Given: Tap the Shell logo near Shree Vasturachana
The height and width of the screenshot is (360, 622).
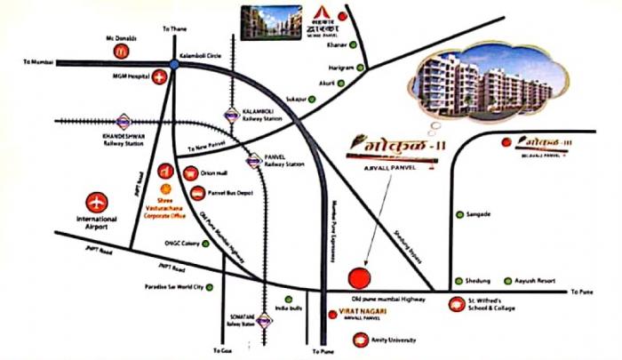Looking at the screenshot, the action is click(x=163, y=188).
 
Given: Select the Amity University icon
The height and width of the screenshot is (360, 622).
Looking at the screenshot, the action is click(x=359, y=338).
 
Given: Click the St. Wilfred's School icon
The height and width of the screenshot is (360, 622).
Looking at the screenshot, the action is click(x=456, y=303).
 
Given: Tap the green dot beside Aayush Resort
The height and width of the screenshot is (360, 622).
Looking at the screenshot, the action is click(x=509, y=278).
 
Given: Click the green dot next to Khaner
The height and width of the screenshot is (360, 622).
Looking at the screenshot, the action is click(x=353, y=44).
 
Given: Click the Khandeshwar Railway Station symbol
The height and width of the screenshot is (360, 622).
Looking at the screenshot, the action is click(x=124, y=122).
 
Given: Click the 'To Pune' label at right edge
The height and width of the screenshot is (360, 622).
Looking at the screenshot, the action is click(x=582, y=292).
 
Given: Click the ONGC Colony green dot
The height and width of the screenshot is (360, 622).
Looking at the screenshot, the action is click(x=205, y=244).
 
